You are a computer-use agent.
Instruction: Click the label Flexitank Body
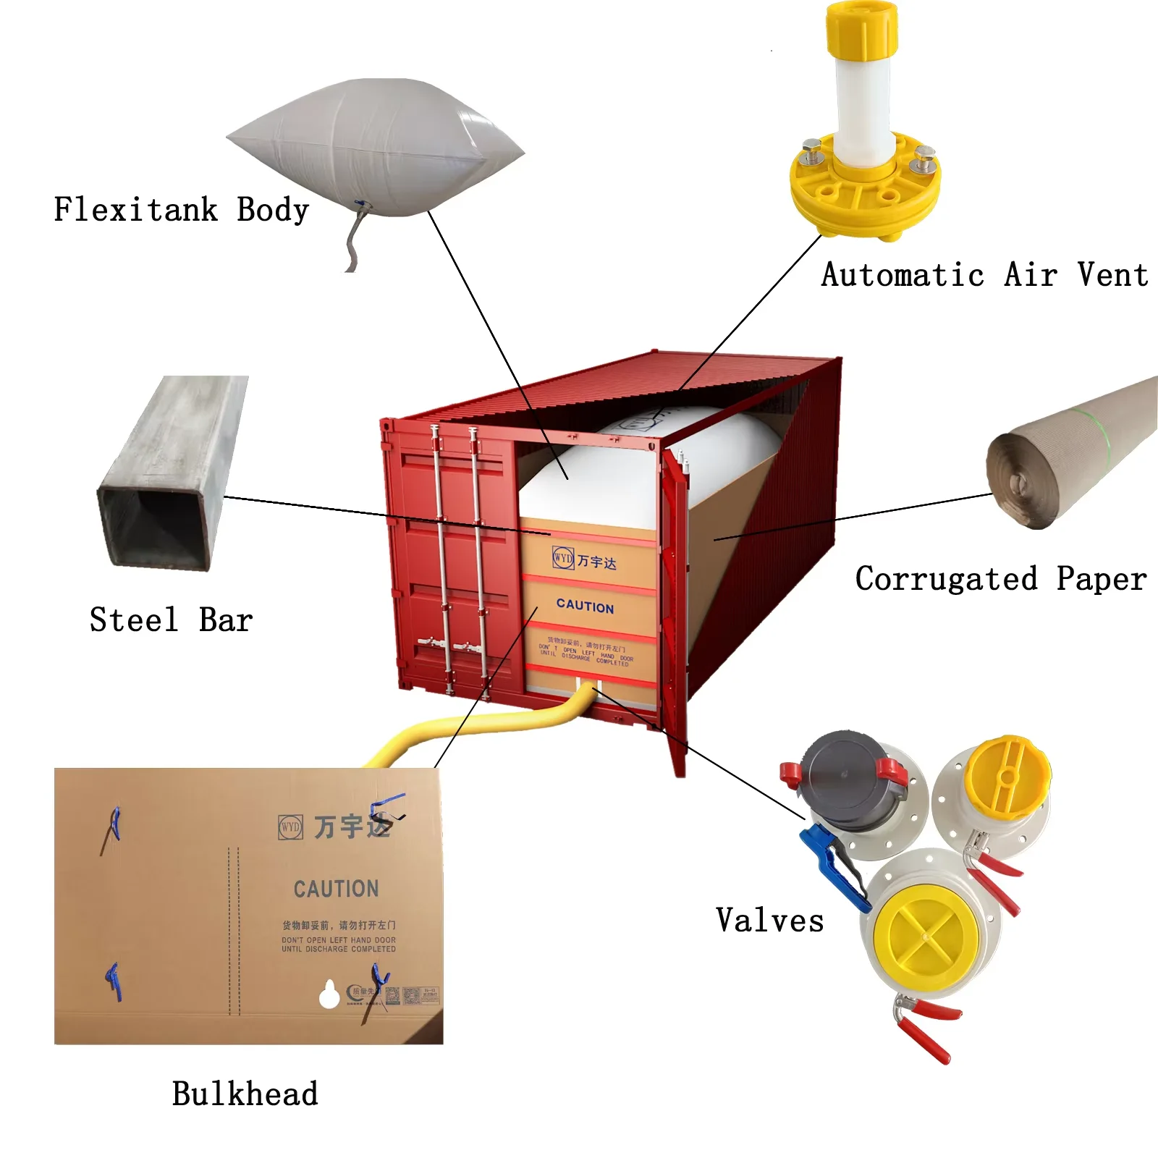[x=181, y=210]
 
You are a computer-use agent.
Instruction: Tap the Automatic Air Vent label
[x=984, y=275]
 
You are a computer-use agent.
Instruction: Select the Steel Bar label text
[x=171, y=620]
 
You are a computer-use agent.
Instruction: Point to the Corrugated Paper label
[x=1000, y=579]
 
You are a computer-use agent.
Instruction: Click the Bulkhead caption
[x=245, y=1094]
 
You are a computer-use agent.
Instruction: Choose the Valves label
[x=769, y=921]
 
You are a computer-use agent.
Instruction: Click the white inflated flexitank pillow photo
[x=376, y=145]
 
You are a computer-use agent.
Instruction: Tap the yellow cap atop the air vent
[x=862, y=29]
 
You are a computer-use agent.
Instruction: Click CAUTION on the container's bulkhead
[x=585, y=607]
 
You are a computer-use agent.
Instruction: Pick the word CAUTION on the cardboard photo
[x=336, y=889]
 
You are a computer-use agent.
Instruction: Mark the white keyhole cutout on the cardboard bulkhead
[x=329, y=995]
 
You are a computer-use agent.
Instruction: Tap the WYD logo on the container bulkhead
[x=562, y=558]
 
